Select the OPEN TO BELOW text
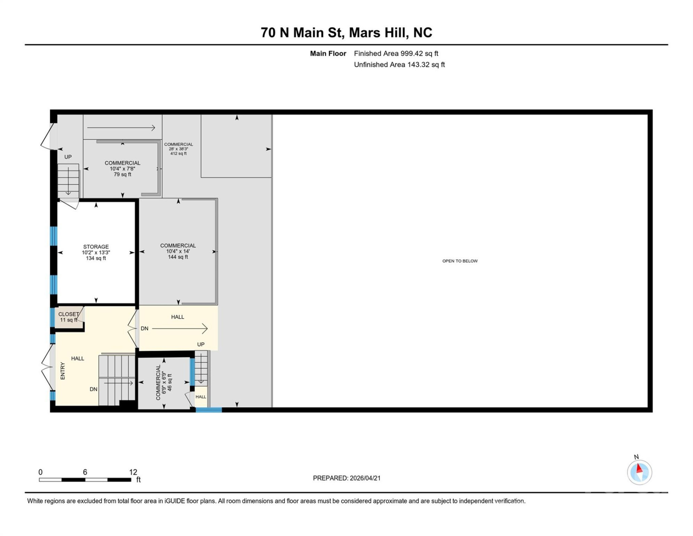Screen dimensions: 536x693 tap(460, 261)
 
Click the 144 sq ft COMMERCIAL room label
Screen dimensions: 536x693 tap(178, 251)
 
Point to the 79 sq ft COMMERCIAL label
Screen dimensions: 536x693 tap(122, 168)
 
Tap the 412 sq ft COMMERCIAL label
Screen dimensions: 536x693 tap(178, 149)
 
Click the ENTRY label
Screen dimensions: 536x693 tap(62, 371)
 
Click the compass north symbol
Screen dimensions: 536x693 tap(639, 472)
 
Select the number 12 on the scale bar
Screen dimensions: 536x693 tap(133, 472)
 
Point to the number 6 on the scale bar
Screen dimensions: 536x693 tap(85, 472)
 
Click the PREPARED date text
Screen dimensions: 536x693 tap(346, 478)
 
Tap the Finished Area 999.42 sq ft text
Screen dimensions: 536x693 tap(396, 54)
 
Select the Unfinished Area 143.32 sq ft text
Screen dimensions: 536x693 tap(399, 65)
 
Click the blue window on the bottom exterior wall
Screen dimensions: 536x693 tap(209, 410)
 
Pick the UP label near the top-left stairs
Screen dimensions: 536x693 tap(68, 157)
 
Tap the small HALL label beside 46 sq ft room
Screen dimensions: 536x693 tap(201, 397)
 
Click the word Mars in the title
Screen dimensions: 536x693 tap(365, 33)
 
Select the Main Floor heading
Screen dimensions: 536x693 tap(328, 54)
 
